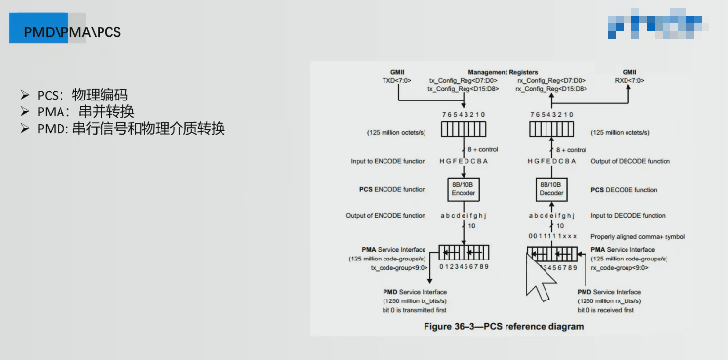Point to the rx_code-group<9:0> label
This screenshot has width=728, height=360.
tap(626, 267)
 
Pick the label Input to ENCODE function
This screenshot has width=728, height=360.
tap(388, 161)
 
